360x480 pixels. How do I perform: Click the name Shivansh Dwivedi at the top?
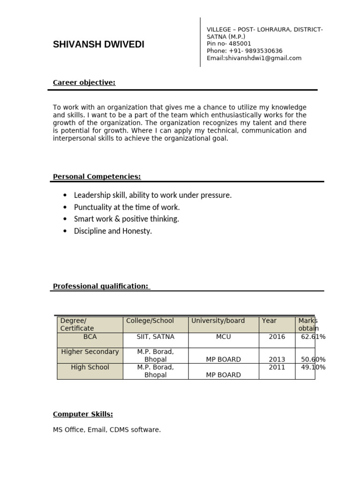[x=98, y=45]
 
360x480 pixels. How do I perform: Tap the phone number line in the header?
[x=244, y=51]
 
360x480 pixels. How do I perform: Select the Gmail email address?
[x=254, y=58]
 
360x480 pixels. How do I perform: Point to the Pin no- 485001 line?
[x=229, y=44]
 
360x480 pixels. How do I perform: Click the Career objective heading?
[x=84, y=82]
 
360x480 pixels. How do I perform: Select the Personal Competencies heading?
[x=97, y=176]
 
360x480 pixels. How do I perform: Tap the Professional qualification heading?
[x=101, y=286]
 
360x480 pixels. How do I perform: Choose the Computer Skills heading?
[x=83, y=414]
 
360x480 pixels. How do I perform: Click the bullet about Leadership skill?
[x=153, y=195]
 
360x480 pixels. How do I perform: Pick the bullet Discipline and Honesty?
[x=113, y=231]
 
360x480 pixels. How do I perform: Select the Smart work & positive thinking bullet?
[x=127, y=219]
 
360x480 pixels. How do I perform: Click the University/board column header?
[x=217, y=321]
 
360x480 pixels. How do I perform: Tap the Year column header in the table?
[x=269, y=321]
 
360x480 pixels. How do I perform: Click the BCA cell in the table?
[x=90, y=337]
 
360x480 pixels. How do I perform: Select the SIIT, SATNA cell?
[x=156, y=337]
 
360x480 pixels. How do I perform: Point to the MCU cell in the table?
[x=223, y=337]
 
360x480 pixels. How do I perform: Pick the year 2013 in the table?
[x=277, y=360]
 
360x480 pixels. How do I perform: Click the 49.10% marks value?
[x=313, y=367]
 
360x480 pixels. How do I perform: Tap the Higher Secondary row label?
[x=90, y=352]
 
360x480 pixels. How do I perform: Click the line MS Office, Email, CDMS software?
[x=107, y=429]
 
